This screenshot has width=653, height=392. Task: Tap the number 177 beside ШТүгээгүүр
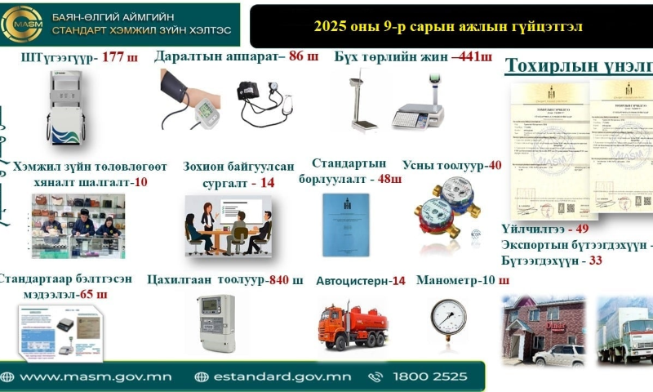113,58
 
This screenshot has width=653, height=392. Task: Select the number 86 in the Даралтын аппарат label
296,57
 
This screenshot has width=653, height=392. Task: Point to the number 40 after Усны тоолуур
495,165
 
